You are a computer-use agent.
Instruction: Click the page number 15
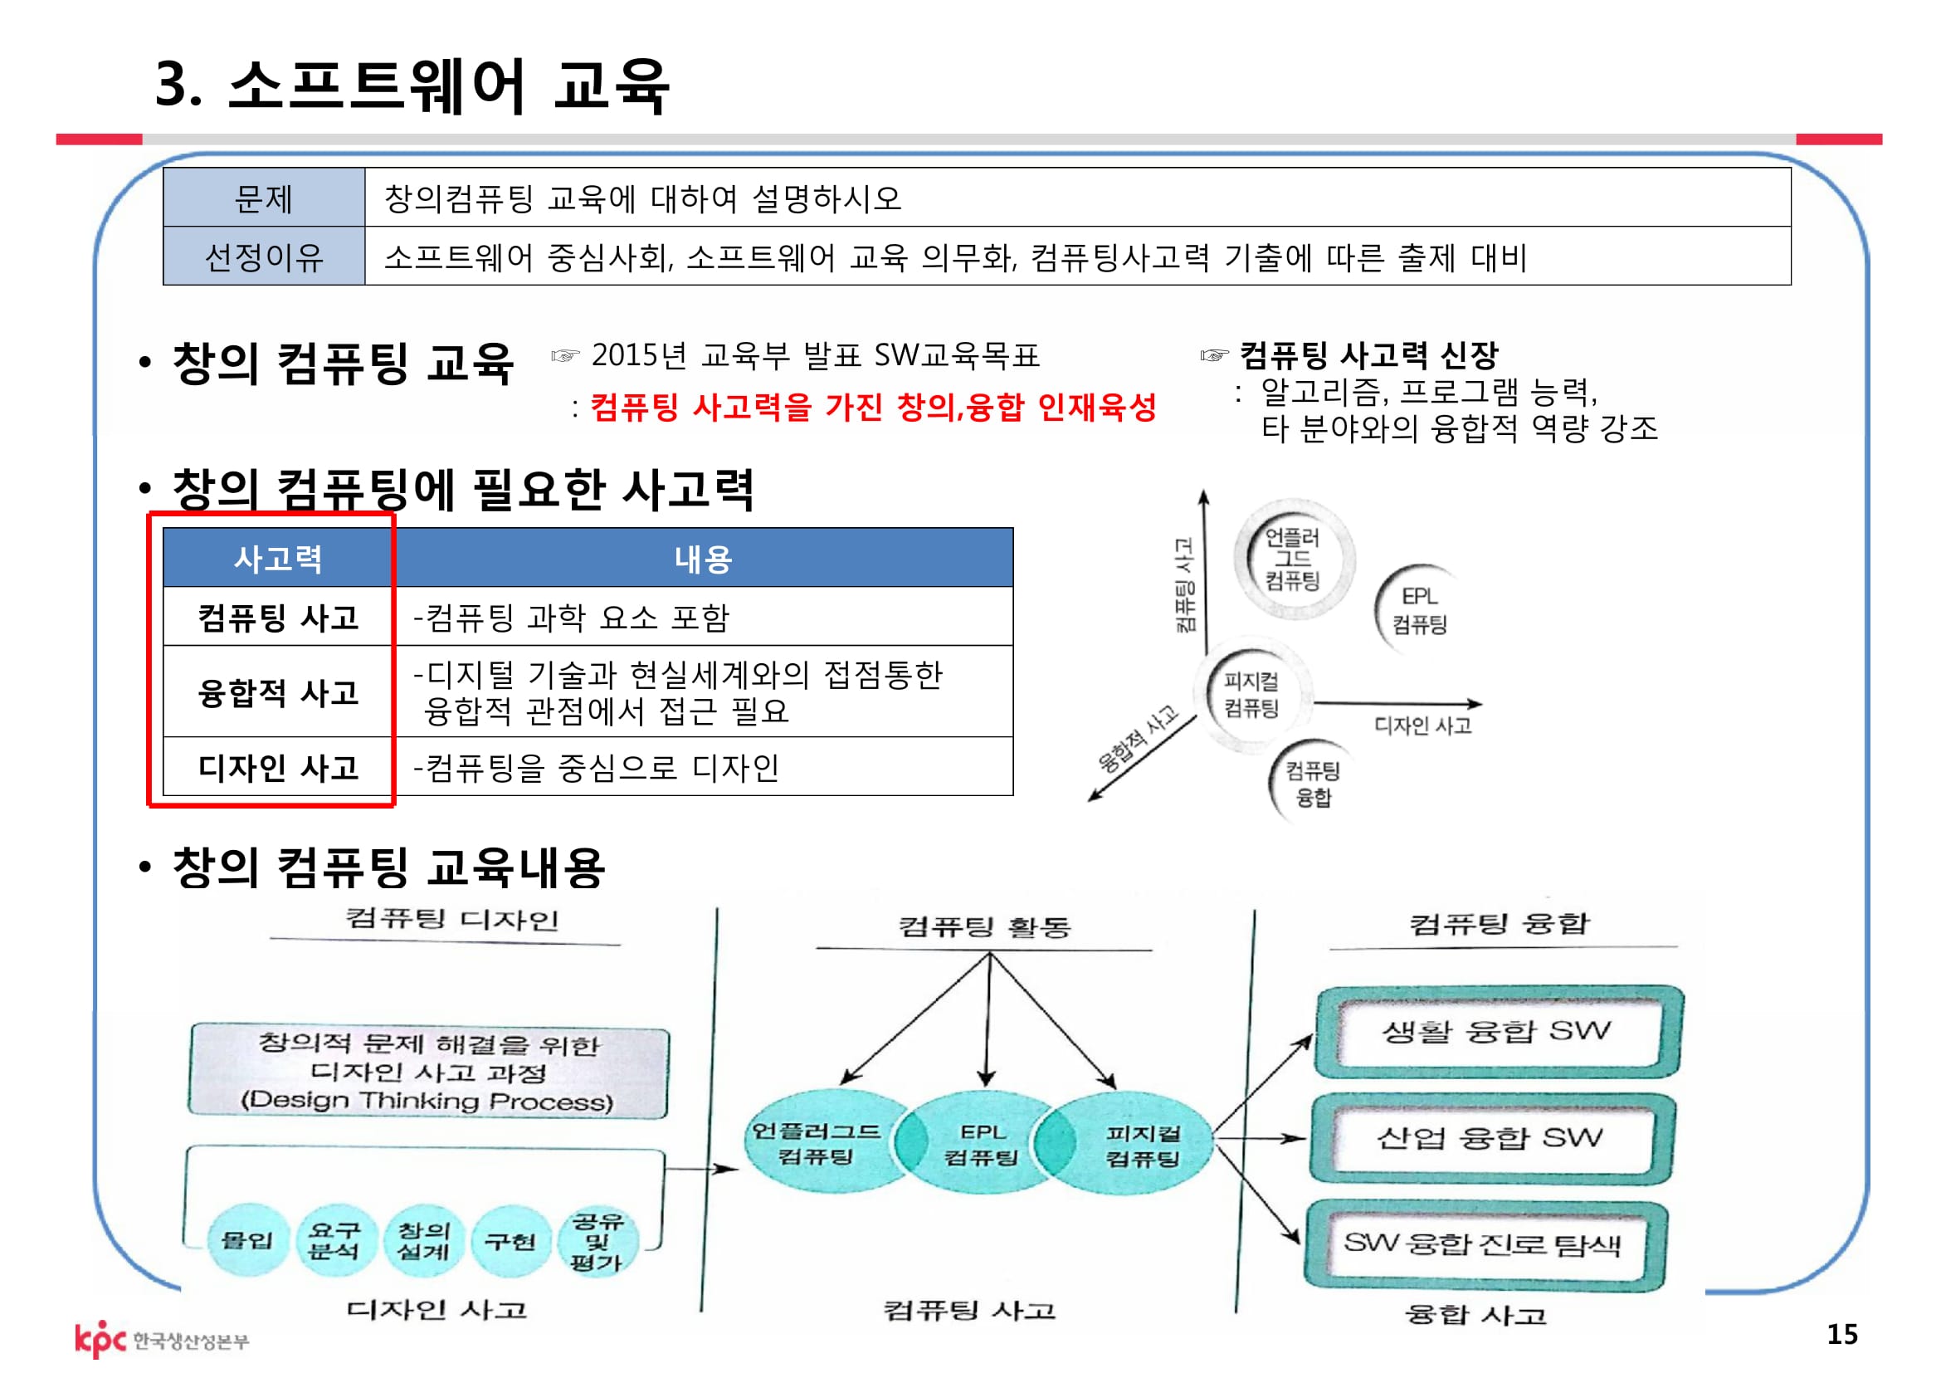coord(1842,1334)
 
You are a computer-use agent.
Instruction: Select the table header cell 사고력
coord(277,558)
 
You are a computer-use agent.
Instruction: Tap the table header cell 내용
coord(703,558)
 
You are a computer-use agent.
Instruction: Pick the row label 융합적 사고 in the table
coord(277,692)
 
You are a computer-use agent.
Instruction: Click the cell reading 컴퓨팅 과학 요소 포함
coord(572,617)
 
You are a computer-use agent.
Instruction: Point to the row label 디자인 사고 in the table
coord(277,767)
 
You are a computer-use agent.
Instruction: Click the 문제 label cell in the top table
coord(264,198)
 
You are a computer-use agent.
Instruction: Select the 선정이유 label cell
coord(264,257)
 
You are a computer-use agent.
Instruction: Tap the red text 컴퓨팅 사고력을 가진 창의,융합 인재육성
coord(872,408)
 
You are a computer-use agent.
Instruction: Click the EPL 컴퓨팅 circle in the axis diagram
coord(1419,609)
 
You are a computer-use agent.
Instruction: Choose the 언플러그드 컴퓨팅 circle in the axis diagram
coord(1293,559)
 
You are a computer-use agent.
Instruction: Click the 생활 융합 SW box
coord(1496,1032)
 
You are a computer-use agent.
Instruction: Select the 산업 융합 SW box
coord(1490,1138)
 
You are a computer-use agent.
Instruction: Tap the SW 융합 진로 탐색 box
coord(1484,1244)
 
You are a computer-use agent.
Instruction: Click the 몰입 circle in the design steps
coord(246,1240)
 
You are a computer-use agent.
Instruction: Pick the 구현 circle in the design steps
coord(510,1241)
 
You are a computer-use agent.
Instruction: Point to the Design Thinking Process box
coord(427,1072)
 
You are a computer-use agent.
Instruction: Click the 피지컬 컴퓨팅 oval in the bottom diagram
coord(1142,1146)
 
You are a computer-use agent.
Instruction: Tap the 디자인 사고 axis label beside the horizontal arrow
coord(1423,726)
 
